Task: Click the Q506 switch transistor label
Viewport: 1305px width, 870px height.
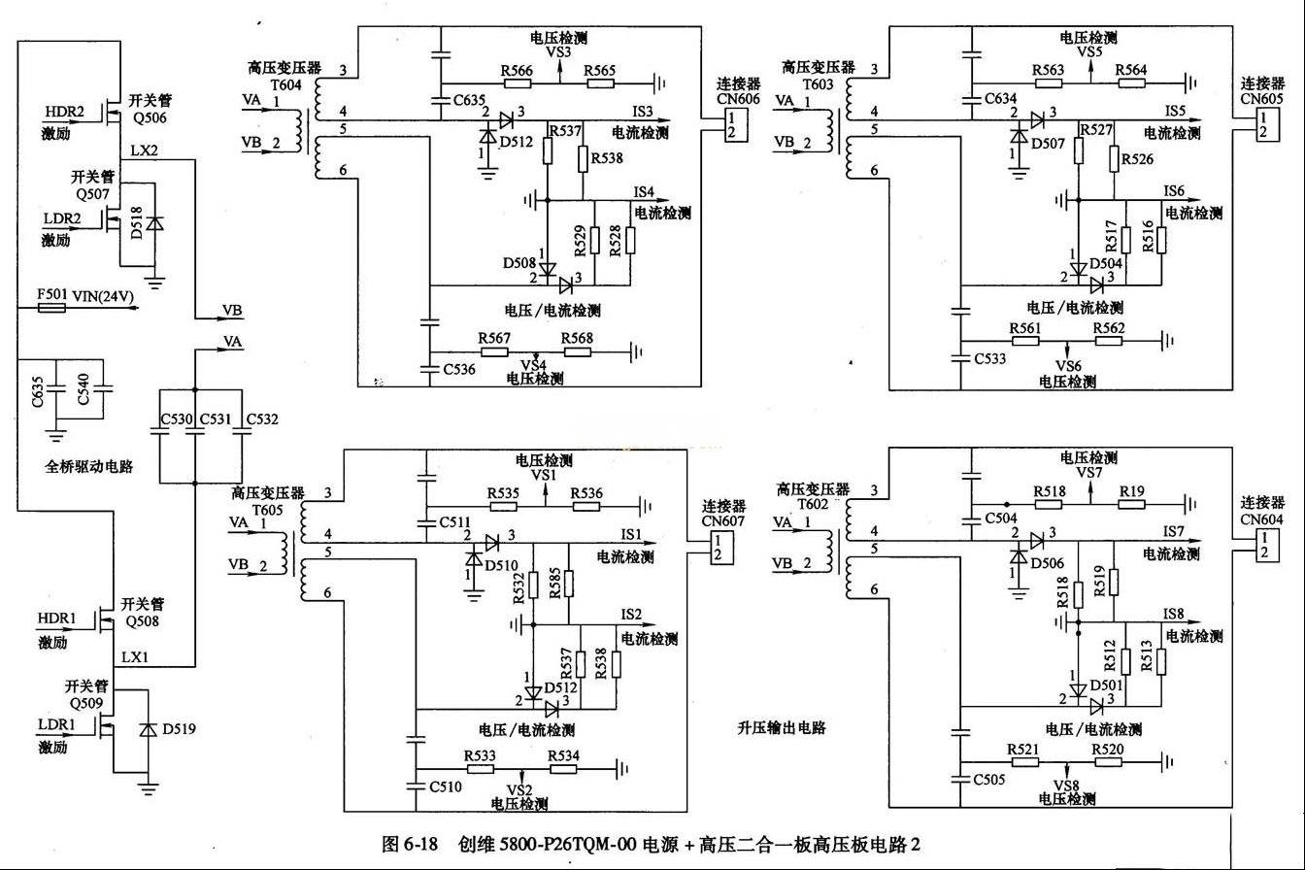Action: click(150, 118)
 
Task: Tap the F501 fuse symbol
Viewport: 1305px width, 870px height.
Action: click(51, 307)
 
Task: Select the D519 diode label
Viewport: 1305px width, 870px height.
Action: click(179, 729)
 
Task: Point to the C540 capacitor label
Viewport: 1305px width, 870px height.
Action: click(83, 388)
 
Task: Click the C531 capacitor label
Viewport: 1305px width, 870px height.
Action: click(216, 419)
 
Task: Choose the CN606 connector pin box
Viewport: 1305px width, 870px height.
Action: click(735, 125)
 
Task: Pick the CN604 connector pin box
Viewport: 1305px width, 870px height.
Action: click(1267, 545)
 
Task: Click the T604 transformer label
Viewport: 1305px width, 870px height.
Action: click(286, 85)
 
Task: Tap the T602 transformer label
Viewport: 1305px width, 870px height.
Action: click(813, 504)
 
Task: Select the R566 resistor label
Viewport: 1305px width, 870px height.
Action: click(517, 71)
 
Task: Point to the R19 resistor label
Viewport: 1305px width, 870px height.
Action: click(1132, 492)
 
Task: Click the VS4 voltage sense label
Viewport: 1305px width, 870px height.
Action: click(534, 365)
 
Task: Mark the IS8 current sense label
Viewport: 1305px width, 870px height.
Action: click(1174, 614)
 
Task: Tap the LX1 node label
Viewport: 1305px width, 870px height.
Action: click(135, 657)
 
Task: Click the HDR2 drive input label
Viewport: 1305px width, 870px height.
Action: click(65, 112)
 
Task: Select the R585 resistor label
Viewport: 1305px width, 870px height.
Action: click(554, 584)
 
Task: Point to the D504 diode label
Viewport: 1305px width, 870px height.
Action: click(1106, 263)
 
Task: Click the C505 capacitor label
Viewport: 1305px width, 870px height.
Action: click(989, 780)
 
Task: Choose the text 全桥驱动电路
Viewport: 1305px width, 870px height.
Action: click(89, 467)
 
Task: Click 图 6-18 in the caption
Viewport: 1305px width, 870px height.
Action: click(410, 844)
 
